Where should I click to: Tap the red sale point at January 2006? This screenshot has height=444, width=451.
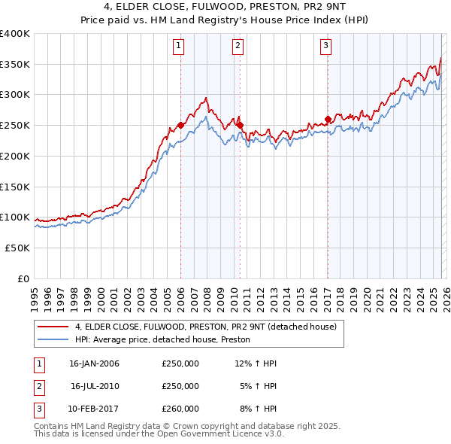(x=180, y=125)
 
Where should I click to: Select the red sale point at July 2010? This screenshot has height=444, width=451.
(x=240, y=125)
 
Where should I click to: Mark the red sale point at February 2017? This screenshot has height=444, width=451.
(x=328, y=119)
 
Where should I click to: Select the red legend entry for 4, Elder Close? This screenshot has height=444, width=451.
(x=210, y=327)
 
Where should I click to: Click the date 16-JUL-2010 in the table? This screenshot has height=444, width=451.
(x=95, y=386)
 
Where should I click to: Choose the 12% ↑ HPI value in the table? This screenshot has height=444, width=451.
(x=256, y=363)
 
